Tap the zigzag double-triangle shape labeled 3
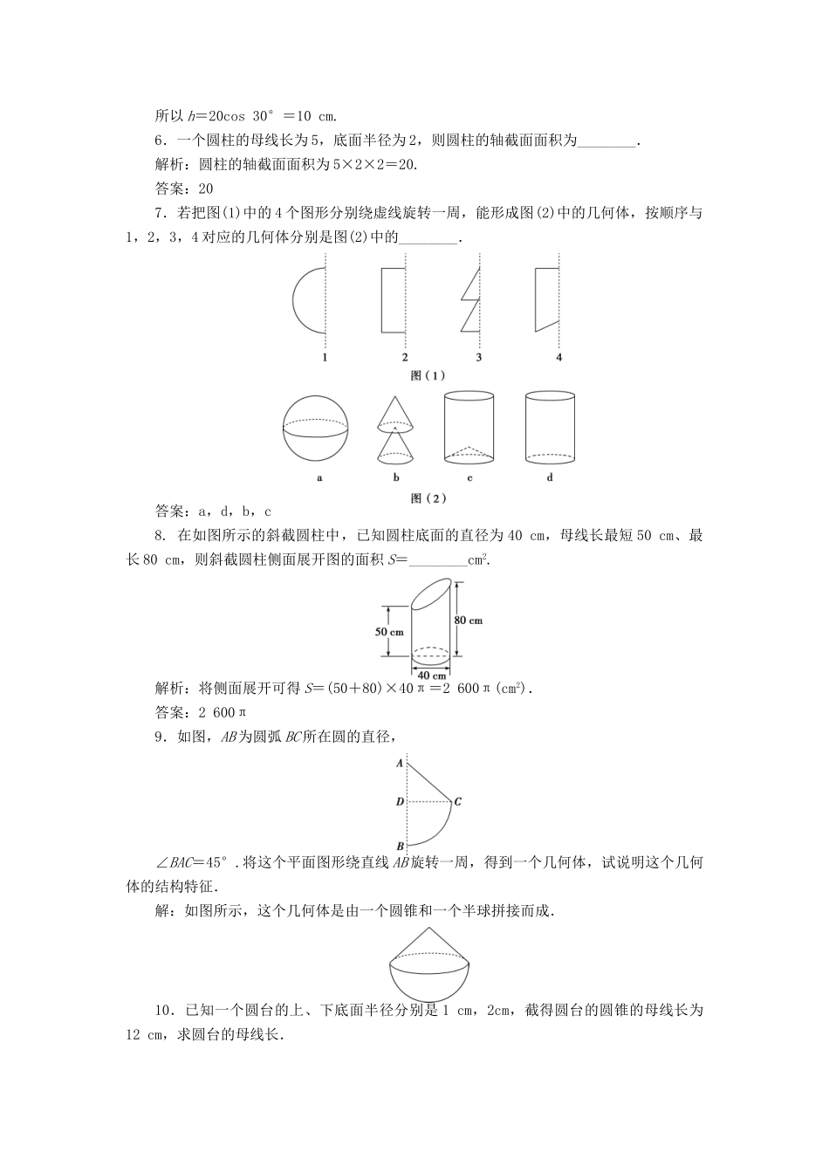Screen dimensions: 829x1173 (470, 300)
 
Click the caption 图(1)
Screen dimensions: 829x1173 (428, 375)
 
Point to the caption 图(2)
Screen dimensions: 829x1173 (428, 497)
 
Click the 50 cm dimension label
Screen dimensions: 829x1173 (389, 631)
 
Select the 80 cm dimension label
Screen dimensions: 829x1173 (468, 621)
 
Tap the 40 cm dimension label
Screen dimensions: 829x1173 (431, 675)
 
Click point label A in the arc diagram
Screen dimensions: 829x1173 (399, 762)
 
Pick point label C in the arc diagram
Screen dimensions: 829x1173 (458, 801)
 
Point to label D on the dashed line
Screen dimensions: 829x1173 (398, 801)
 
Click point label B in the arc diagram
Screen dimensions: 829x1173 (399, 846)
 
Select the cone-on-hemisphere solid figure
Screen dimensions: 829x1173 (428, 961)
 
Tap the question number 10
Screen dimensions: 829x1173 (164, 1011)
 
